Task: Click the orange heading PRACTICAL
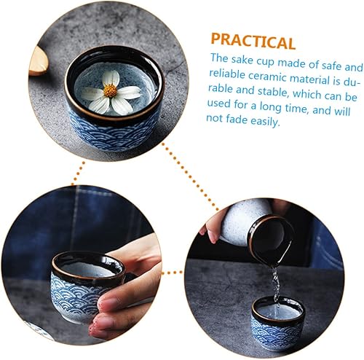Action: click(253, 42)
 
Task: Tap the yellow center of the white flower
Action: click(111, 90)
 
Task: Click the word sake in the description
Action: click(242, 60)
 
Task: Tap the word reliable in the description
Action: click(227, 74)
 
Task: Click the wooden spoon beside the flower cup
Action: click(39, 61)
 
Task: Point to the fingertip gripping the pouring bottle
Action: click(212, 235)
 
